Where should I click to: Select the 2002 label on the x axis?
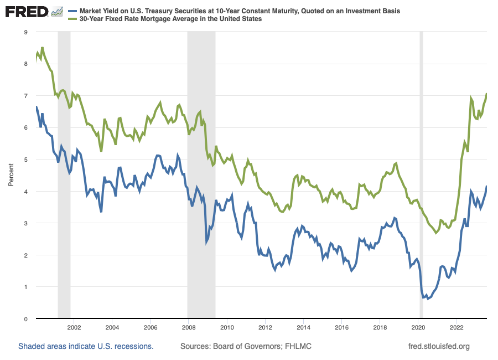coord(74,327)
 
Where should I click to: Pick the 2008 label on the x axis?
coord(189,327)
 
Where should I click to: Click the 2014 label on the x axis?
coord(303,327)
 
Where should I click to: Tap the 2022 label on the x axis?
coord(456,327)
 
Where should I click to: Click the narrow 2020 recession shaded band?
coord(421,166)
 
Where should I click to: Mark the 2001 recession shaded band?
coord(64,166)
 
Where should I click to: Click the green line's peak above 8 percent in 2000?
coord(42,48)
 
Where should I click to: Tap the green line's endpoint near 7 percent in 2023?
coord(486,94)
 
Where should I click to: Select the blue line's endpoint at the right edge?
coord(486,186)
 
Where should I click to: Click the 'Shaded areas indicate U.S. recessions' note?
coord(86,347)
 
